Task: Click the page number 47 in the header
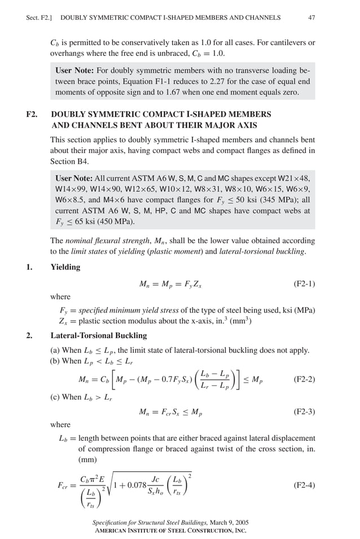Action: [x=311, y=17]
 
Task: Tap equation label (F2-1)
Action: [x=304, y=284]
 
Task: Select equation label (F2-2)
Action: [x=304, y=379]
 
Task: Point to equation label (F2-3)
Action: [x=304, y=412]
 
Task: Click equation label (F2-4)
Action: [x=304, y=485]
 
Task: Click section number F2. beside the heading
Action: [x=32, y=115]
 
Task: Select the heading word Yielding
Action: [x=65, y=267]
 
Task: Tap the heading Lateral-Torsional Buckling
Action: [x=99, y=335]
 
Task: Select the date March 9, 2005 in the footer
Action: [x=223, y=522]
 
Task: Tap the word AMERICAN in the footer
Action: [x=116, y=531]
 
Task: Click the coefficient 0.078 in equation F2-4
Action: [x=134, y=484]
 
